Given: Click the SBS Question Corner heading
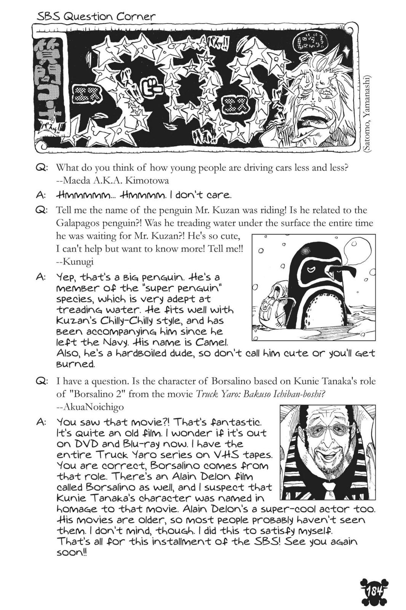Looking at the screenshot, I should pyautogui.click(x=96, y=16).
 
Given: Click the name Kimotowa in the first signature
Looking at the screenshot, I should pyautogui.click(x=147, y=180).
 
